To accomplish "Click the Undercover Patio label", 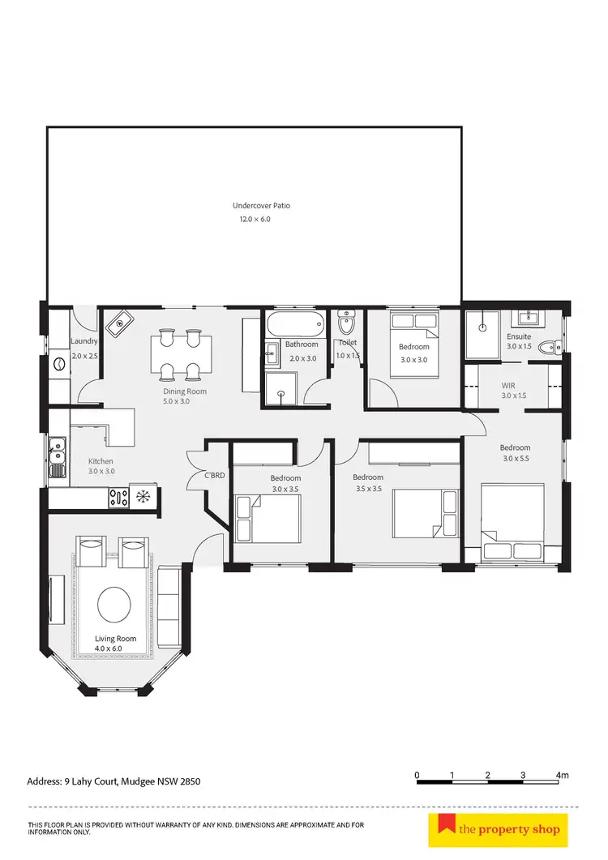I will coord(261,206).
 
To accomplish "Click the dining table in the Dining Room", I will coord(180,353).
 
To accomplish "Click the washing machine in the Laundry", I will coord(59,366).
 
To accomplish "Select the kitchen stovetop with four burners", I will coord(118,495).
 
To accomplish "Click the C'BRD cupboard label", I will coord(214,475).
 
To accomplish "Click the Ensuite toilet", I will coord(551,348).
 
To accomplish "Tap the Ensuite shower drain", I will coord(482,327).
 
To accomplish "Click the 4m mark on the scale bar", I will coord(562,776).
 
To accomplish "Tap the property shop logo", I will coord(499,829).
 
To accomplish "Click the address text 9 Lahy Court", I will coord(113,782).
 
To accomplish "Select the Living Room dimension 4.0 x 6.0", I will coord(115,649).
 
